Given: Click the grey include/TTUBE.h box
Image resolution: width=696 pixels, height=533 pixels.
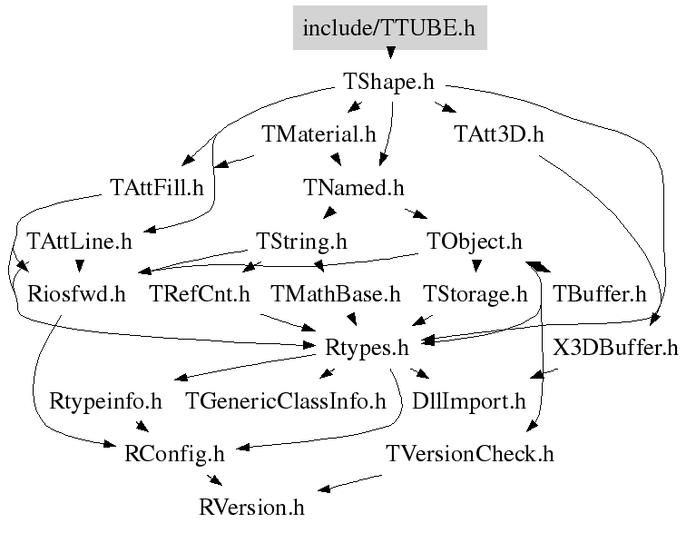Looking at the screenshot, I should [x=389, y=28].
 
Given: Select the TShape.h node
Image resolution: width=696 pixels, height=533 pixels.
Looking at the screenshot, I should [x=388, y=82].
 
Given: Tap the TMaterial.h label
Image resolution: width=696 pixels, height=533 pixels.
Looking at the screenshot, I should [x=319, y=135].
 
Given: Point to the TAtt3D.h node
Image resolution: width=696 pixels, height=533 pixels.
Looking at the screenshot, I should [x=498, y=135].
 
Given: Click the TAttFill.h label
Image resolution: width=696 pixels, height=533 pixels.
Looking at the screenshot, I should [x=156, y=188].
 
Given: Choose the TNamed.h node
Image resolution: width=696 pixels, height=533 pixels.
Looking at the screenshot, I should [x=353, y=188].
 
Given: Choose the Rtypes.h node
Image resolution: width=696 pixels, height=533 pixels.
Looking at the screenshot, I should [x=367, y=347].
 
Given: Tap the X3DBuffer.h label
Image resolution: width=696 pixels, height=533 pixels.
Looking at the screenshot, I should [x=614, y=347].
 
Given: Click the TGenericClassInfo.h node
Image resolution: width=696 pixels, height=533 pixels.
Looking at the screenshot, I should [x=286, y=400].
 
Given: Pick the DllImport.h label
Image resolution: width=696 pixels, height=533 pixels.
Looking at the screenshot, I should [x=468, y=400].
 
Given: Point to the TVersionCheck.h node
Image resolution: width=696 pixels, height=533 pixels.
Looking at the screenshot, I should [x=469, y=453].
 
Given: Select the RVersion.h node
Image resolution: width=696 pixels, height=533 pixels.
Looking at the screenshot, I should [x=252, y=506].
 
